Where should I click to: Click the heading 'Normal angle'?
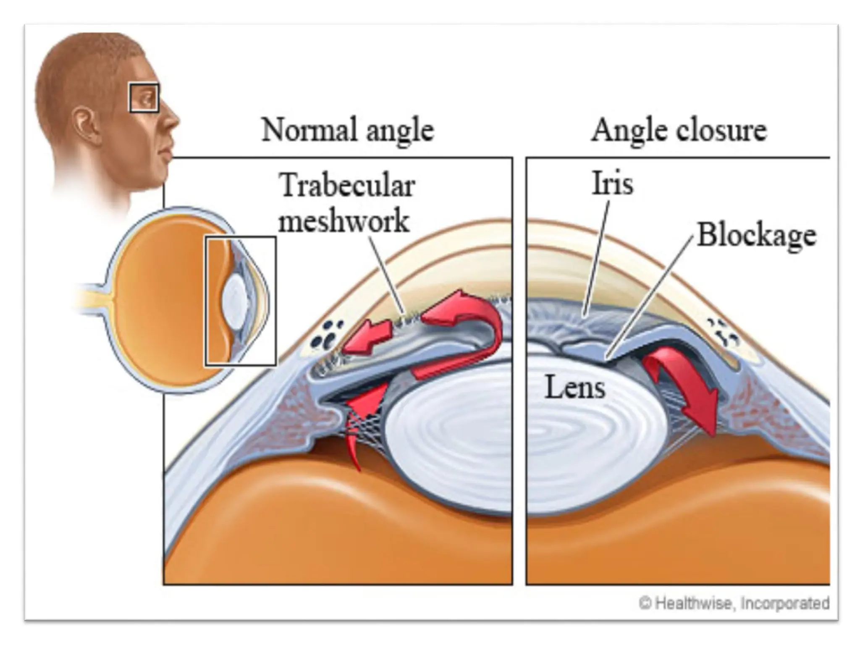tap(348, 130)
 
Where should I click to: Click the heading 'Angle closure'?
tap(679, 130)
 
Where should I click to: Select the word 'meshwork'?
tap(344, 221)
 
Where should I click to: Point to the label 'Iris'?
tap(612, 183)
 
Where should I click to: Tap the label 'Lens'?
tap(575, 387)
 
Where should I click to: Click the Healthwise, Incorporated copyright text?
tap(734, 603)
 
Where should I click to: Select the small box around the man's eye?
tap(144, 98)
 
